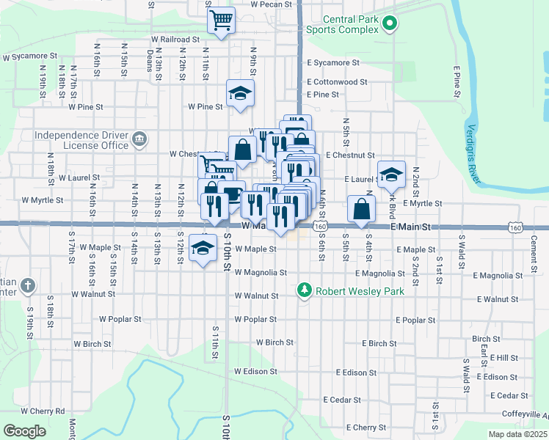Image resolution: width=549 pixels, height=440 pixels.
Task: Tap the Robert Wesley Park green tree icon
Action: pyautogui.click(x=305, y=291)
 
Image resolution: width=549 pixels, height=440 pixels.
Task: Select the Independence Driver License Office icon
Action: pyautogui.click(x=139, y=139)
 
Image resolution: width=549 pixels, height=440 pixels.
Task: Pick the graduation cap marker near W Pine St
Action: pyautogui.click(x=239, y=93)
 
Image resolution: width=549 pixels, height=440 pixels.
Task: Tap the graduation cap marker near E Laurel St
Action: pyautogui.click(x=391, y=175)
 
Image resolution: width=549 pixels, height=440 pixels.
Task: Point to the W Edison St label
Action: pyautogui.click(x=256, y=371)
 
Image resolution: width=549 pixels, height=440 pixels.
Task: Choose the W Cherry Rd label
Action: pyautogui.click(x=43, y=411)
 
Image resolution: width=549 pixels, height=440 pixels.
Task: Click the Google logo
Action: pyautogui.click(x=24, y=431)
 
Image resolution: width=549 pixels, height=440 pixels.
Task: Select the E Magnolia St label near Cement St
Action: pyautogui.click(x=498, y=276)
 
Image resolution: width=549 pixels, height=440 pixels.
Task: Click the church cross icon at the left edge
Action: pyautogui.click(x=27, y=285)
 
